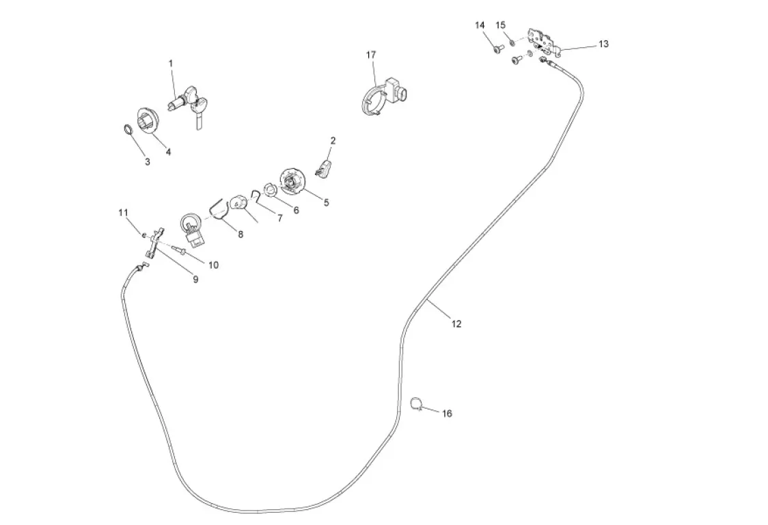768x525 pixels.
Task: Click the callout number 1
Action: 171,63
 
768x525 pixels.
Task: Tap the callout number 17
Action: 371,55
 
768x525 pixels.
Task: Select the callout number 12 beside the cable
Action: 456,324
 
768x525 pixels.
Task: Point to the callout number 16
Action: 447,414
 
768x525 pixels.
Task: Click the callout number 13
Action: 603,44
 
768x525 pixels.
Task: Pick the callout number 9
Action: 195,279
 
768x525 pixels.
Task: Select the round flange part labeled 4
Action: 148,124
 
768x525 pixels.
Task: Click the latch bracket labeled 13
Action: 544,41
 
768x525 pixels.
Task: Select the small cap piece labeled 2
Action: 325,166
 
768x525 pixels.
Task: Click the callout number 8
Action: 241,234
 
